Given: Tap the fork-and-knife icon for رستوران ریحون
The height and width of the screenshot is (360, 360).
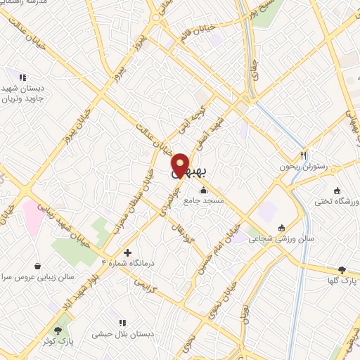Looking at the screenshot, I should (304, 155).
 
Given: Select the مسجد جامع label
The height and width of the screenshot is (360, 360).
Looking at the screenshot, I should (204, 200).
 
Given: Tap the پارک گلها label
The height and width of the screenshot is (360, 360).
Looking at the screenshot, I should (342, 281).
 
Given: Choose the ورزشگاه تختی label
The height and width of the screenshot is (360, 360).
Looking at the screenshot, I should (337, 201).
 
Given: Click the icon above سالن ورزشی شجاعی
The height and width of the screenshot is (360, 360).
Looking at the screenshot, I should (282, 227).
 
